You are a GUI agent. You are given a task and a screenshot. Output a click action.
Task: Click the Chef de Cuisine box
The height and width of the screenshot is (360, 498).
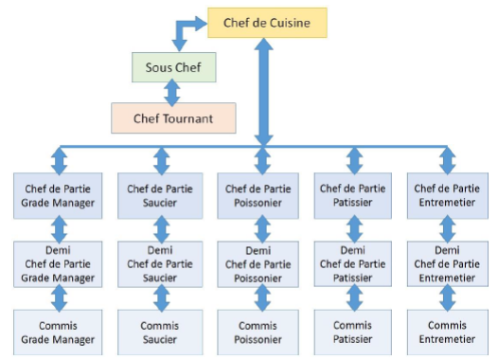click(268, 22)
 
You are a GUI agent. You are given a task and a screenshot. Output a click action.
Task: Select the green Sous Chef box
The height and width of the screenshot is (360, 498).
click(173, 67)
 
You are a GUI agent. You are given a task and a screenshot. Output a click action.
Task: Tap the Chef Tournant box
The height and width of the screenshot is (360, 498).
click(173, 118)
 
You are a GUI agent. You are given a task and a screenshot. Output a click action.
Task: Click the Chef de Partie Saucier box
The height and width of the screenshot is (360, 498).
click(161, 195)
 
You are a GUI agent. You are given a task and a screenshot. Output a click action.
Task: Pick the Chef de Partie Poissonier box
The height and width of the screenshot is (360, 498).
click(262, 195)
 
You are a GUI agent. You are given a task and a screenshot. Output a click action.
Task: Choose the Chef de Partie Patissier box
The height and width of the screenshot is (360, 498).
click(354, 195)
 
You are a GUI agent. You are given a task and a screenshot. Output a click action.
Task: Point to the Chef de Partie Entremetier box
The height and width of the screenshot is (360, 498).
click(446, 195)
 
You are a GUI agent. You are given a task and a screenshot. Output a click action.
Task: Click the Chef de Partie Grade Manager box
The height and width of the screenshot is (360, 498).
click(59, 195)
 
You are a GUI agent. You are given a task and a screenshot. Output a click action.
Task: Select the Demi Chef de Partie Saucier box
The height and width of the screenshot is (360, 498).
click(161, 263)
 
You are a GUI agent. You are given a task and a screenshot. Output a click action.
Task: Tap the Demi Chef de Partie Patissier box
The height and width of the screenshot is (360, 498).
click(354, 263)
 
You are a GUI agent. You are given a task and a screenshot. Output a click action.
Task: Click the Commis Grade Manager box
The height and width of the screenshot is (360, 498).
click(59, 332)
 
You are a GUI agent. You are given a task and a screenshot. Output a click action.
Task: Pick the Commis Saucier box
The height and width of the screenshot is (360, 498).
click(161, 332)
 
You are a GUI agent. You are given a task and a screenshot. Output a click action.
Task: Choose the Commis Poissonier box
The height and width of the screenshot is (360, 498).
click(262, 332)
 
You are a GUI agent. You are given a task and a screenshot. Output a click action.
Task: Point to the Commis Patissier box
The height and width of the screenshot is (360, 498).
click(354, 332)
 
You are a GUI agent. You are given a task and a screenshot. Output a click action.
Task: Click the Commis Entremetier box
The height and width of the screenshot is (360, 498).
click(446, 332)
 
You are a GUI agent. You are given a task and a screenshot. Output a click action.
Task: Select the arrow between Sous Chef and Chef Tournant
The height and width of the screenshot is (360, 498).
click(172, 93)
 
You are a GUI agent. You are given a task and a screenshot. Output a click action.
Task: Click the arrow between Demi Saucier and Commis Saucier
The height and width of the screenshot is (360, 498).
click(161, 298)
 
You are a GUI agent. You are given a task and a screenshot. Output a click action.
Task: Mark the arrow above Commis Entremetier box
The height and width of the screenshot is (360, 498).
click(446, 298)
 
